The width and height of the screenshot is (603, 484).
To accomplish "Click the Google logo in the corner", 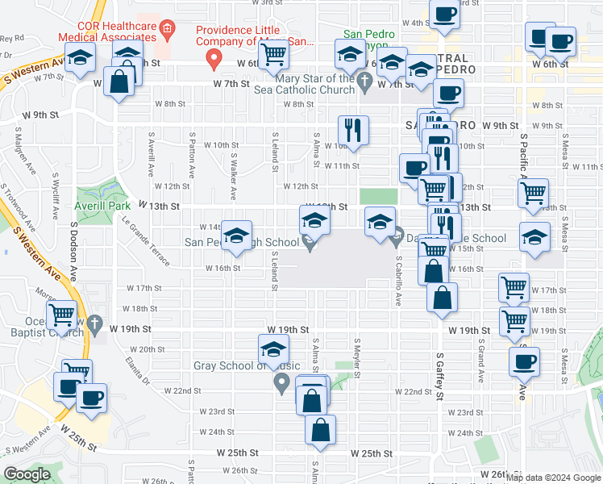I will coord(27,474).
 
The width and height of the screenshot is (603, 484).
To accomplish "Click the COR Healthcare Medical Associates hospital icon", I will coord(168,32).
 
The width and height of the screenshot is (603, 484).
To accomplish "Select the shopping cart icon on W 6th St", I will coord(274,54).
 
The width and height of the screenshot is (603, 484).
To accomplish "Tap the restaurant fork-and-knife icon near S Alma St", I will coord(352,128).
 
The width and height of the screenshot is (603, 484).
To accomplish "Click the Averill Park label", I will coord(102,206).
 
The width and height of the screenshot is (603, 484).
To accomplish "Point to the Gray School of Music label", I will coord(240,365).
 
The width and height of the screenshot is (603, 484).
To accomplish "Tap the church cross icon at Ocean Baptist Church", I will coord(95,325).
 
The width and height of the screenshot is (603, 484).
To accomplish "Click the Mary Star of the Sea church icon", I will coord(364,80).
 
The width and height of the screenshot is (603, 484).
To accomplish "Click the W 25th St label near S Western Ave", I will coord(77,446).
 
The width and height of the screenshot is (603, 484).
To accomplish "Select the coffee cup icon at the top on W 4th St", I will coord(444,14).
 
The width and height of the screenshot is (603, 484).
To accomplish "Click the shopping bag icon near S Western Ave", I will coord(119,81).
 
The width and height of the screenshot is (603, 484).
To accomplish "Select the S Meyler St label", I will coord(355,350).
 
